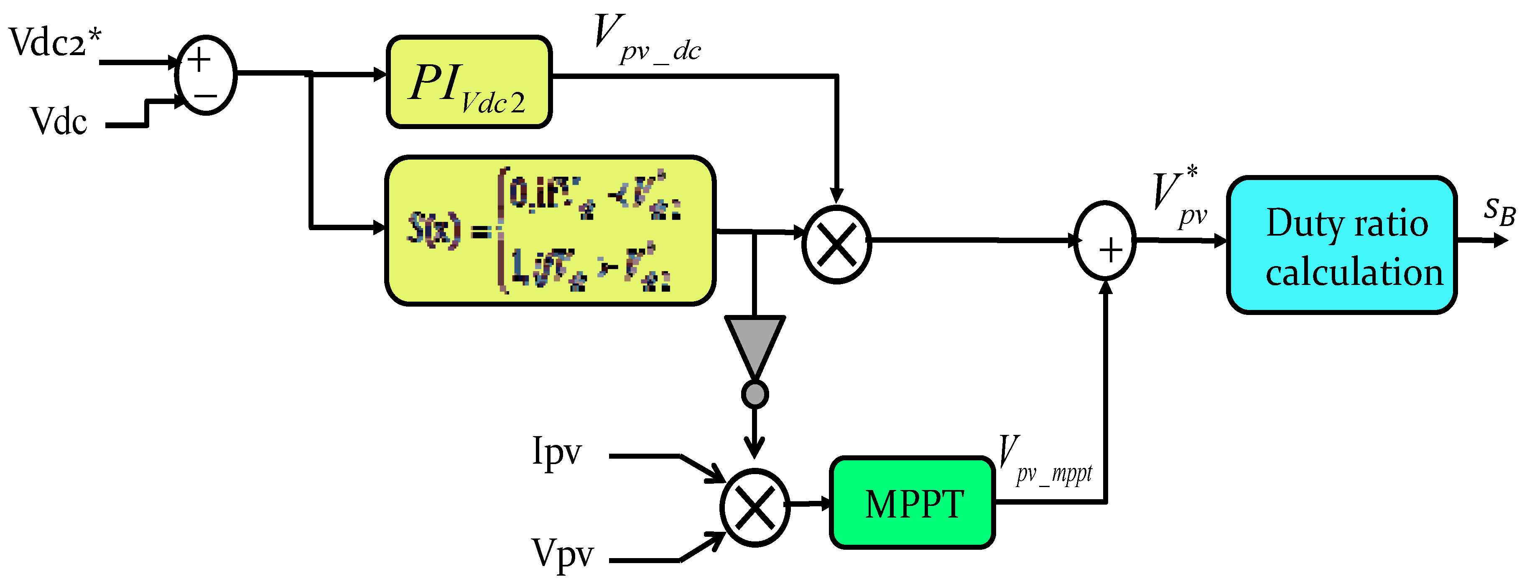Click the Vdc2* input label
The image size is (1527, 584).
coord(54,43)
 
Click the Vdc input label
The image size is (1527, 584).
coord(58,122)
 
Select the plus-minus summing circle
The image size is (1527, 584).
coord(206,75)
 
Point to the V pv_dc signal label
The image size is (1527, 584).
coord(646,40)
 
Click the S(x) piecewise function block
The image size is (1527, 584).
coord(550,231)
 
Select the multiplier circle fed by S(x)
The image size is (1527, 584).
coord(836,244)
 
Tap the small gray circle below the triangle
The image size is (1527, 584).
coord(755,394)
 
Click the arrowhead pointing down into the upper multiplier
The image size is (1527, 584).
coord(836,196)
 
